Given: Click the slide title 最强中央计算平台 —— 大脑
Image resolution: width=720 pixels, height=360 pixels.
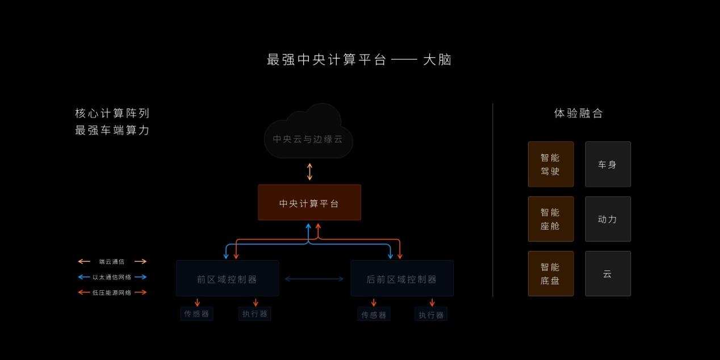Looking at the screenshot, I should coord(359,60).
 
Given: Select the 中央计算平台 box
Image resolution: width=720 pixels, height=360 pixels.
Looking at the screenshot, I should coord(309,203).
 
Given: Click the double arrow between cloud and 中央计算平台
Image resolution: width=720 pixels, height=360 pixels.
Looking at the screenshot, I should coord(309,171).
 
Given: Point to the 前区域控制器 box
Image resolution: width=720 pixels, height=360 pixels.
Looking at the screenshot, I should coord(227,279).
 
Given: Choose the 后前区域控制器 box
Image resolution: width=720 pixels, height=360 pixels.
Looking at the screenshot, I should coord(401,279).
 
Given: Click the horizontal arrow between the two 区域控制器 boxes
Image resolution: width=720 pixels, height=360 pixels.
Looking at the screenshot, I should coord(314,279).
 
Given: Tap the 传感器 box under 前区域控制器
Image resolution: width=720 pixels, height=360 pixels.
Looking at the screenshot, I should coord(196,313).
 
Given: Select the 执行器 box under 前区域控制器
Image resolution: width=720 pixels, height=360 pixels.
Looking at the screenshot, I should coord(255,313).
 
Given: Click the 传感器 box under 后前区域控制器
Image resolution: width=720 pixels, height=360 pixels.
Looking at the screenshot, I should coord(374,314).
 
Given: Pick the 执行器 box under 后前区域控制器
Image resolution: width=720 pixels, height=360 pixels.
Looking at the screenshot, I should coord(431,314).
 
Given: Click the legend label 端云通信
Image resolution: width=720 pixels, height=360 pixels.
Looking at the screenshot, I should coord(112,262).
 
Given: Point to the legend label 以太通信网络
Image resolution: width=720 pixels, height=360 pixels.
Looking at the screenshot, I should coord(112,277).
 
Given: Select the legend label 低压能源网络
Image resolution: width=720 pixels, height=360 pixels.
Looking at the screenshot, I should coord(112,292).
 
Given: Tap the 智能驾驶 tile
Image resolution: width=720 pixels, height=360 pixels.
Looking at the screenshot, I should coord(550,164).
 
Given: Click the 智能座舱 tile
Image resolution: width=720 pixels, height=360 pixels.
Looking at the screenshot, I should coord(550,219).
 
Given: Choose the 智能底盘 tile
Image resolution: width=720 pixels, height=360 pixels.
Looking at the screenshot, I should coord(550,273).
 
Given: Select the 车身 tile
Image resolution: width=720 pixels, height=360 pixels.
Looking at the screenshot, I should coord(608,164).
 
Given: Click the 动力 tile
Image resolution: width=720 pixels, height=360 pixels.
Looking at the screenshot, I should coord(608,219).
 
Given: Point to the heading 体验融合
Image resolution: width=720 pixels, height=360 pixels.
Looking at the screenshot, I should coord(579,113).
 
